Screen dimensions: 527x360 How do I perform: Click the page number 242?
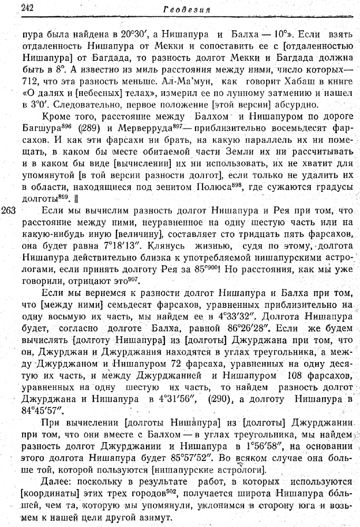(x=26, y=7)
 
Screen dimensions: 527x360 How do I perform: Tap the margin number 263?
(x=9, y=210)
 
